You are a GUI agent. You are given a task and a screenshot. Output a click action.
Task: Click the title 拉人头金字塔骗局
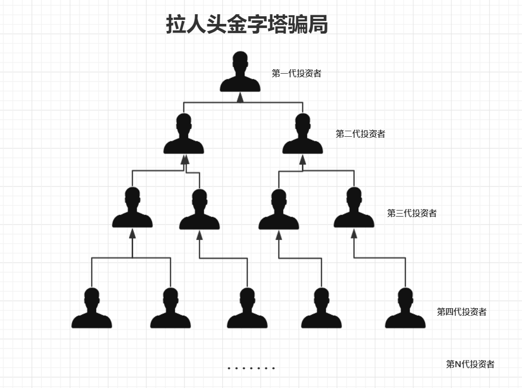pos(247,24)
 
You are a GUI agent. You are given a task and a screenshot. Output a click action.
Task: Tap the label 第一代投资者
pos(296,73)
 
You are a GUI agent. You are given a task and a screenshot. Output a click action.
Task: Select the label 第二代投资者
pos(360,134)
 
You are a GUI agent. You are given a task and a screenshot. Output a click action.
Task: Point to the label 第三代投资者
pos(412,213)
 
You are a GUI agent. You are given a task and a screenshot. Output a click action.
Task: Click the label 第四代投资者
pos(462,312)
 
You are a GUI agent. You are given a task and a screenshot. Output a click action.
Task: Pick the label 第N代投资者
pos(470,364)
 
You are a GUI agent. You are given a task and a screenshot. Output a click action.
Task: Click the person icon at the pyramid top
pos(240,72)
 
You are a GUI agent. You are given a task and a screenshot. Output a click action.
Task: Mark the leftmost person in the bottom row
pos(91,309)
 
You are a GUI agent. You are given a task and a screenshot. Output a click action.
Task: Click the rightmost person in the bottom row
pos(405,309)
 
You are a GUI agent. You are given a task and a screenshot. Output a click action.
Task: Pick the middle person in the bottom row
pos(247,309)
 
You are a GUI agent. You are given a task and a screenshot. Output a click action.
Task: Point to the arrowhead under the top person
pos(240,98)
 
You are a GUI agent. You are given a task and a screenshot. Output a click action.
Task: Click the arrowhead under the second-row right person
pos(302,160)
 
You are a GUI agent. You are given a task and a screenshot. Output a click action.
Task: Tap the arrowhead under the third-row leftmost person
pos(133,233)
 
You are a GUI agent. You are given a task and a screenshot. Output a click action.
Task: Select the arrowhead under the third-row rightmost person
pos(354,233)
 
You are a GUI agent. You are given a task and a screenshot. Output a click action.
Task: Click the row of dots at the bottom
pos(251,368)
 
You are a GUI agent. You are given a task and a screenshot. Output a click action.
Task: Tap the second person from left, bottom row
pos(170,309)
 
